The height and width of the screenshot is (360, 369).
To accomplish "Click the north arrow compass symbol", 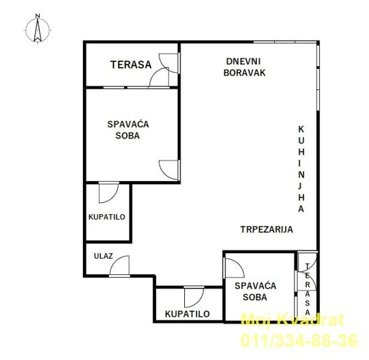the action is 37,31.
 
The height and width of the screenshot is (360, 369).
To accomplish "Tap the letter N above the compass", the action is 37,16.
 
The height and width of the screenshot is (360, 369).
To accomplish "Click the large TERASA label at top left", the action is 131,65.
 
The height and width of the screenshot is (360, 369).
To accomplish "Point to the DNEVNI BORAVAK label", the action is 244,67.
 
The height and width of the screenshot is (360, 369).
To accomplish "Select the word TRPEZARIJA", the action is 266,229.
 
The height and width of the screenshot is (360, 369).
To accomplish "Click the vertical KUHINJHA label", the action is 301,169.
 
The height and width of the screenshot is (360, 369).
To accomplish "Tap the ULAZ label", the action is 103,256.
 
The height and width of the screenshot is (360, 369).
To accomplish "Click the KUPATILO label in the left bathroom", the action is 107,217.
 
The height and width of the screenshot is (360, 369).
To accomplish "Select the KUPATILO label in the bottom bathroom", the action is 187,314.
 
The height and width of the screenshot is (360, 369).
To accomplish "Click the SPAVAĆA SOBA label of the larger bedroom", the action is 128,130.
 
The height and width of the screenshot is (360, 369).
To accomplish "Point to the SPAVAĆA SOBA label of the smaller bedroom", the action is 256,292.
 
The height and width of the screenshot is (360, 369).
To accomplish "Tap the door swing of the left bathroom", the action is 109,193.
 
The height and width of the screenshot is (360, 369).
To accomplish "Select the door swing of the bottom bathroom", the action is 194,297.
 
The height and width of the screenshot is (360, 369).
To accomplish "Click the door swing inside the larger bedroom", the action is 169,170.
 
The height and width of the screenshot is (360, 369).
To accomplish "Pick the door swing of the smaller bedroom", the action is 235,268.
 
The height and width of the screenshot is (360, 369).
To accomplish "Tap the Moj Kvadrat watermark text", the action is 293,320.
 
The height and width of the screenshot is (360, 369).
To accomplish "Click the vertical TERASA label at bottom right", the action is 307,289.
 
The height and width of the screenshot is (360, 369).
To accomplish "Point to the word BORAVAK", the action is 244,73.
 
